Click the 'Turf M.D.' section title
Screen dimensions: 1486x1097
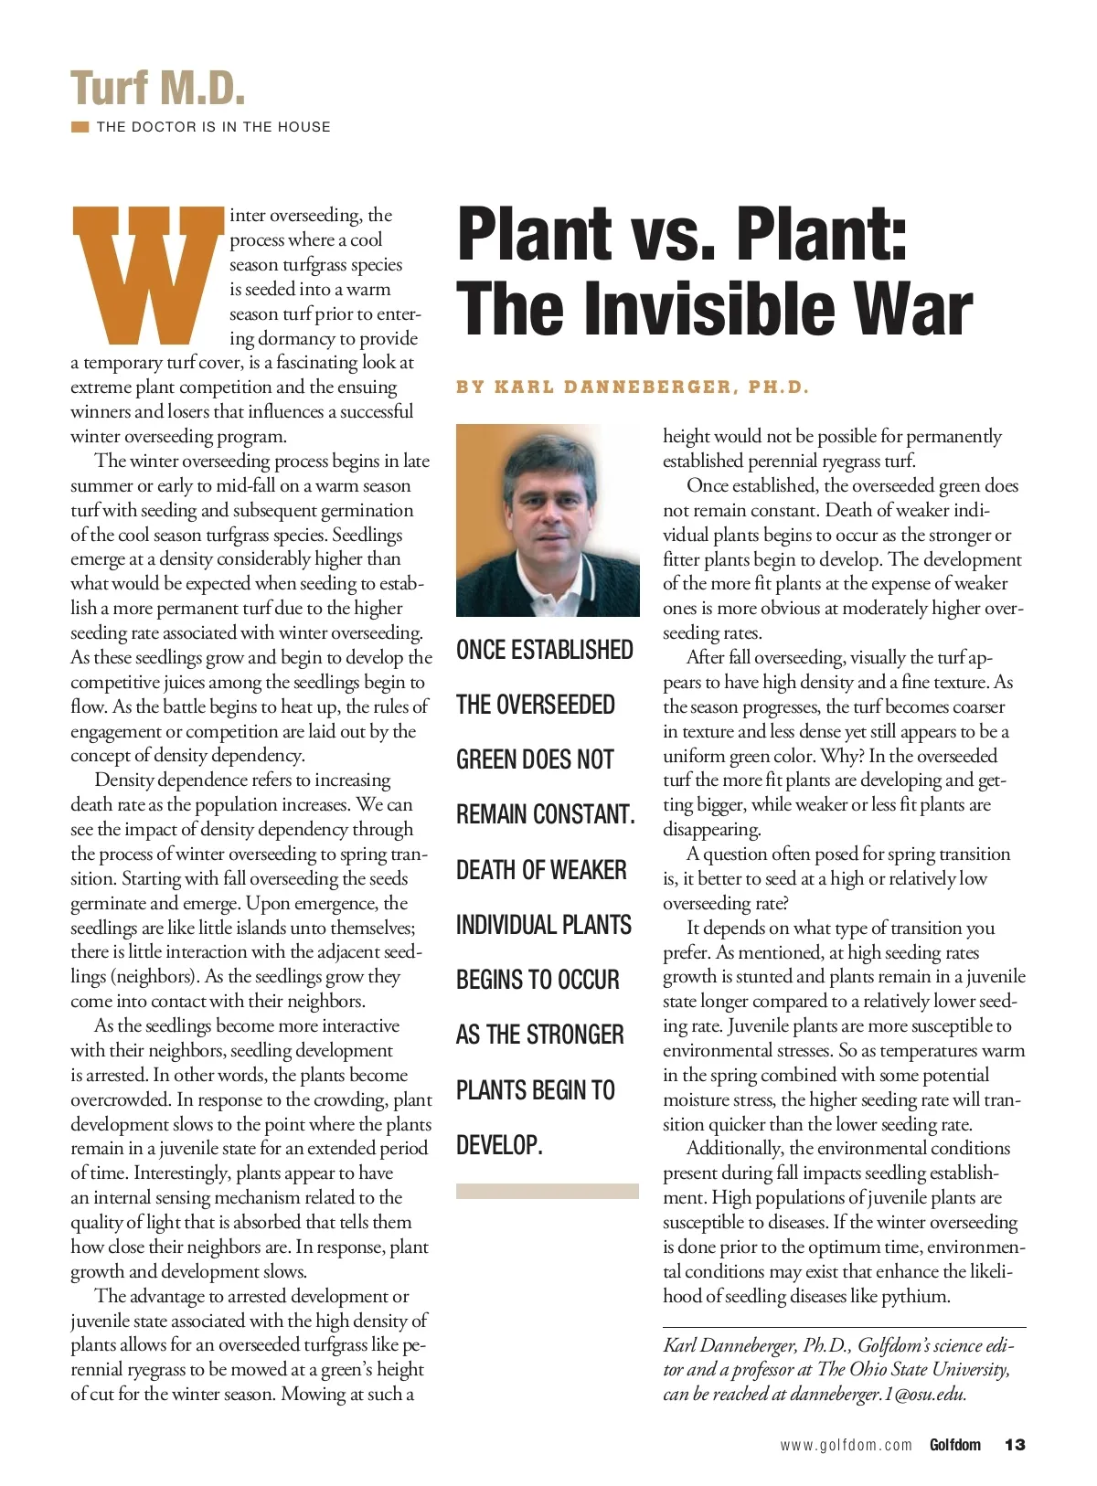[158, 89]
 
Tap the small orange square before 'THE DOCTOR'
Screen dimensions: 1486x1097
[80, 127]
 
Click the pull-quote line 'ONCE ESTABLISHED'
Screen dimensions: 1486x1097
[545, 650]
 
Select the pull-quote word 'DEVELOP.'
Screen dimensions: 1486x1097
[499, 1145]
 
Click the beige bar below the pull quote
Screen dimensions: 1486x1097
[547, 1191]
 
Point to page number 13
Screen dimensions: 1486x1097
[1015, 1445]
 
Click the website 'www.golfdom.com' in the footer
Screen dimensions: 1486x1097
[846, 1445]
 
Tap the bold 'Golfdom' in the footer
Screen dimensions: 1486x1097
[954, 1445]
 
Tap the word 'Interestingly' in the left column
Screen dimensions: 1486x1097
[183, 1173]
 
